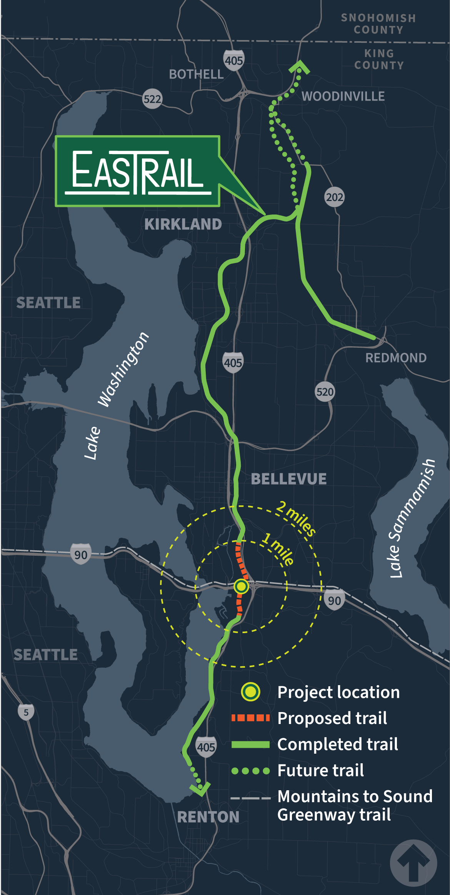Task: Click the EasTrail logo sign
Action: pos(137,171)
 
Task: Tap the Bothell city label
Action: pos(196,74)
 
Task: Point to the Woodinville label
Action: pos(343,96)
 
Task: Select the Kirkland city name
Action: pos(183,224)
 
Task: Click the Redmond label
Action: pos(396,358)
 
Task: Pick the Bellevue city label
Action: pos(288,479)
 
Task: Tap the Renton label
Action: pos(208,816)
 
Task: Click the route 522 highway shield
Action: pos(152,99)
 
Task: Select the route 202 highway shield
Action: pos(334,197)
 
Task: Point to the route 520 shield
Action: pos(325,392)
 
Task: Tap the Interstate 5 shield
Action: pos(26,712)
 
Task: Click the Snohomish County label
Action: pos(378,24)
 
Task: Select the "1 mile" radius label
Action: pos(278,549)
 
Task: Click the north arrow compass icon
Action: pos(413,863)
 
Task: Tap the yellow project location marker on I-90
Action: pos(241,586)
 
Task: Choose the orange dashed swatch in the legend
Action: pos(250,718)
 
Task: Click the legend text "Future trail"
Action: pos(320,770)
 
